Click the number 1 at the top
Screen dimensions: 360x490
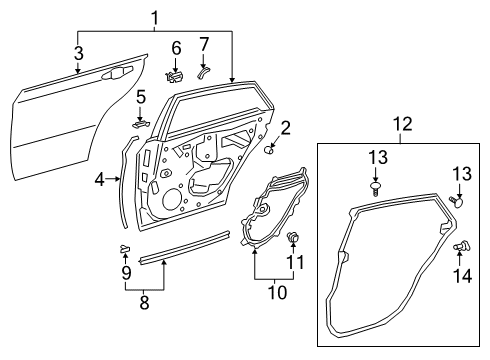(x=153, y=16)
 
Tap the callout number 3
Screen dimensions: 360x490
(x=78, y=51)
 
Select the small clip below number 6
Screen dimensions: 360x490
(x=174, y=75)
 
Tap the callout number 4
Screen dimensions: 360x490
(x=100, y=179)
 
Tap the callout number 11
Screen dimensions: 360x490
(x=294, y=264)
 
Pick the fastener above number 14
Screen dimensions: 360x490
(x=463, y=246)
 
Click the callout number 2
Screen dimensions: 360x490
(x=285, y=127)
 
